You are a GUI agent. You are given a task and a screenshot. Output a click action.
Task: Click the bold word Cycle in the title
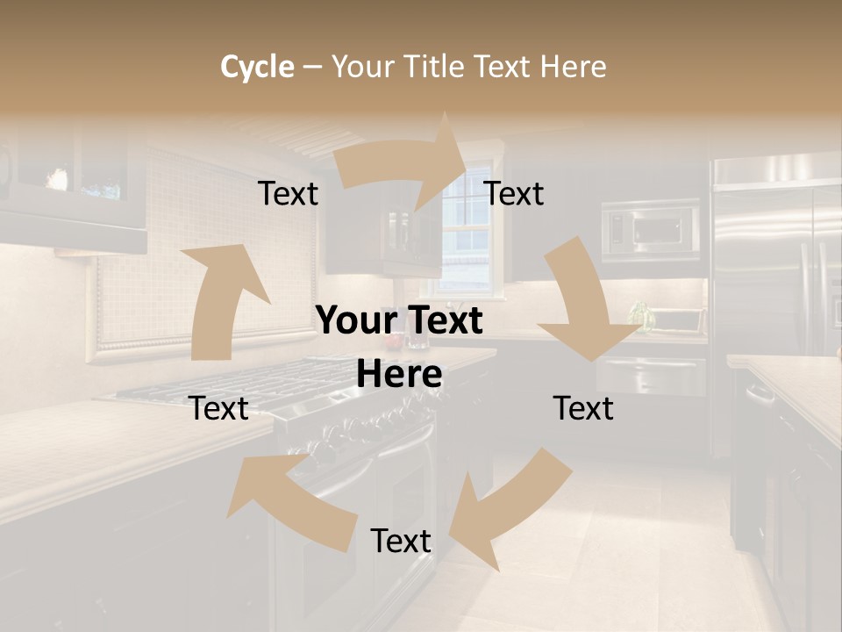(x=257, y=67)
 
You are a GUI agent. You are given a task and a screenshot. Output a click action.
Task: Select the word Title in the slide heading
(x=436, y=67)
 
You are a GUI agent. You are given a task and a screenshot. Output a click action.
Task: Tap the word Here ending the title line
(x=574, y=67)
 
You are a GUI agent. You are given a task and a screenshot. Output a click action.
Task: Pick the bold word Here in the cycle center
(x=399, y=375)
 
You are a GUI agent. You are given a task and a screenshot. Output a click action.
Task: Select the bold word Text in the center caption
(x=443, y=321)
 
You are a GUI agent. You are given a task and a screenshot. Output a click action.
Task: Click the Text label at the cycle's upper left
(x=288, y=194)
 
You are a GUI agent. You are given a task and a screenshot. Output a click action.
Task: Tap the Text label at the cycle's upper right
(x=514, y=194)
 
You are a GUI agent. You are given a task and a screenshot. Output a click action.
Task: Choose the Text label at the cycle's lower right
(x=583, y=408)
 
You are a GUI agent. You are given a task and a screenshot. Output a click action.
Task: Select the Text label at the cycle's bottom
(x=401, y=542)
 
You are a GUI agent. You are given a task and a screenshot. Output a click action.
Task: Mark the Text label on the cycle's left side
(x=218, y=408)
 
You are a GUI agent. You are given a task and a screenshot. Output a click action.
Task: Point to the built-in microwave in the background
(x=651, y=230)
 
